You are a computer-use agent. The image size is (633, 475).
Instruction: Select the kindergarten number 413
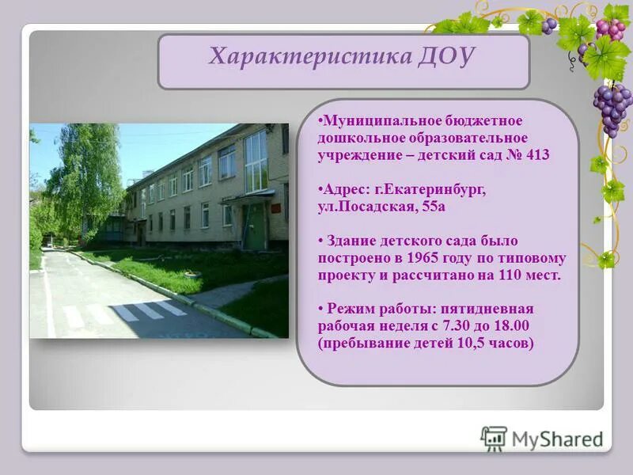[x=537, y=155]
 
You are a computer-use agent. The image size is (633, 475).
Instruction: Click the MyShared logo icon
[x=494, y=438]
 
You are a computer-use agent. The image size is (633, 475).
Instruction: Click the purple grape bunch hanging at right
[x=612, y=108]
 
